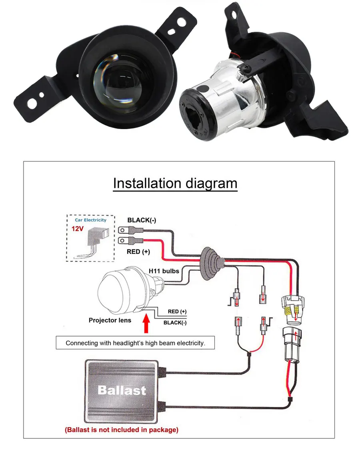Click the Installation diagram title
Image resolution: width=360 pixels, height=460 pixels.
[x=175, y=183]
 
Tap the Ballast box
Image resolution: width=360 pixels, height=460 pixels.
[x=122, y=390]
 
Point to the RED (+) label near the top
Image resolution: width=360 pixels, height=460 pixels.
[x=139, y=251]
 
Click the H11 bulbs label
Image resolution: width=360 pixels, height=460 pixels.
[x=164, y=271]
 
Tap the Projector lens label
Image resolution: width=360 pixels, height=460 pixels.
[x=110, y=320]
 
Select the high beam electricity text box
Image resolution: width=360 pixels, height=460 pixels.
[x=135, y=343]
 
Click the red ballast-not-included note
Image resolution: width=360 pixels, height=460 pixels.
[x=122, y=430]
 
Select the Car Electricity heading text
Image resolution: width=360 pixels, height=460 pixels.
[x=90, y=220]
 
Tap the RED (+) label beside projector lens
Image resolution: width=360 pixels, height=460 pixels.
[x=177, y=311]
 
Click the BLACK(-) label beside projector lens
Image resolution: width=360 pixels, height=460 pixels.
[x=175, y=323]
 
